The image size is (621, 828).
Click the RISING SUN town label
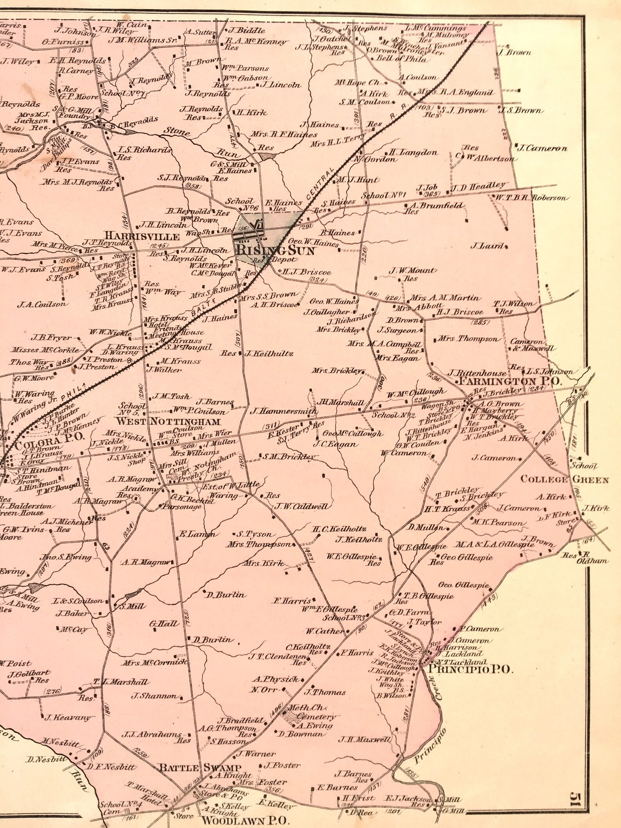[x=276, y=251]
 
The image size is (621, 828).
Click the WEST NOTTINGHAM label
[x=169, y=422]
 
